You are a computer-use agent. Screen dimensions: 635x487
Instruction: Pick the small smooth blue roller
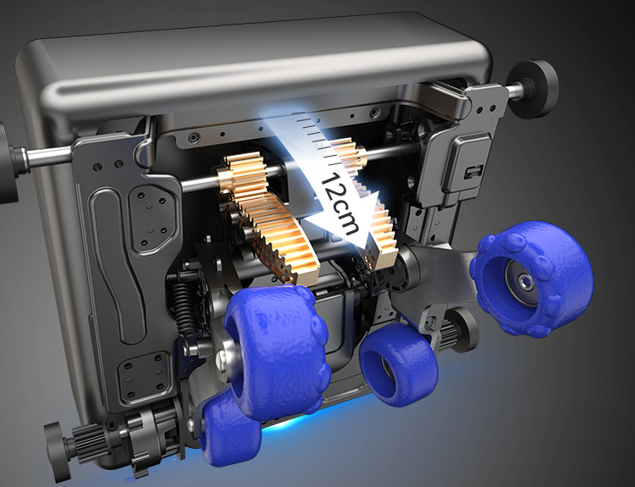399,364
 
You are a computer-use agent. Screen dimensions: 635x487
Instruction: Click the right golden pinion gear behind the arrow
347,156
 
